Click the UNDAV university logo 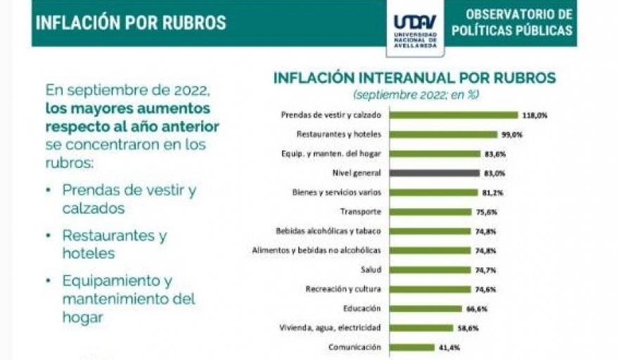pos(415,29)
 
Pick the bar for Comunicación pos(411,347)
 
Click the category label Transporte pos(360,212)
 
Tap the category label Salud pos(371,269)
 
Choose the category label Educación pos(363,308)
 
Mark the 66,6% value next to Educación pos(476,308)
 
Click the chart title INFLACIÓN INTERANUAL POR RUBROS pos(414,78)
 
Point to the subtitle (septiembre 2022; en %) pos(415,94)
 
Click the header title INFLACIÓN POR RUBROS pos(131,22)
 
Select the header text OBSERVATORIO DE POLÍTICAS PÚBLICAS pos(512,22)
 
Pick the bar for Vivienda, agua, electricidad pos(421,328)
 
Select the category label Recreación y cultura pos(343,289)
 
